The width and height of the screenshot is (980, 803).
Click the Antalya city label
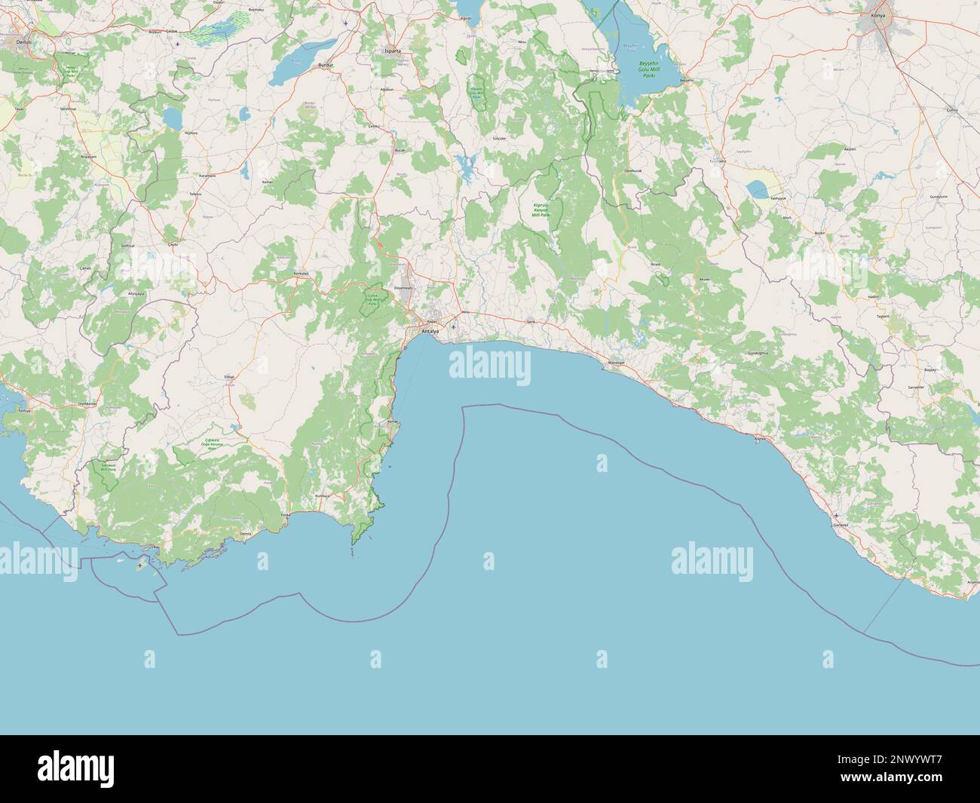coord(430,331)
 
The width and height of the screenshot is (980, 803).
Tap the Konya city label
coord(877,15)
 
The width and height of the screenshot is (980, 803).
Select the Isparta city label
coord(393,51)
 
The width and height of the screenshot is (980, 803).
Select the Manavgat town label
coord(617,363)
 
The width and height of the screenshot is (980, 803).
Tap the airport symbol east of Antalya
coord(453,326)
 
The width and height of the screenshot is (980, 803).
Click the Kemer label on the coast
coord(391,421)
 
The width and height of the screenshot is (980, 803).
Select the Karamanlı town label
coord(207,175)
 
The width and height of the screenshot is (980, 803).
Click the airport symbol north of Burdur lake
coord(345,23)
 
